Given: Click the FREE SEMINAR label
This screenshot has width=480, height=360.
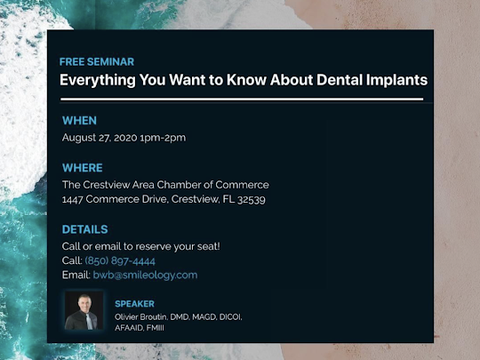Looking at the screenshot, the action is coord(97,62).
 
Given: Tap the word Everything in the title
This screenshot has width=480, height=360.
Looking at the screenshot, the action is coord(98,81).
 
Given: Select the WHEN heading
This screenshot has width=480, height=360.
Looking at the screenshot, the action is coord(80,121).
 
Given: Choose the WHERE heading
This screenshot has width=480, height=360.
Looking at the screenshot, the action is coord(83,168).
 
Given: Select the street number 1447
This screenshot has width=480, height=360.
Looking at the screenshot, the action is coord(73,200).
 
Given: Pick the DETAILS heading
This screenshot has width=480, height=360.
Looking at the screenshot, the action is coord(85,229).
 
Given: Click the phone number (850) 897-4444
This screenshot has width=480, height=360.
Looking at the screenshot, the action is coord(120,260).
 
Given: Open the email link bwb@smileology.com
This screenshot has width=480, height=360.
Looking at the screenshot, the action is coord(145,275).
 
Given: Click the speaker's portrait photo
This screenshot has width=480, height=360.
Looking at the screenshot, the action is coord(84,310).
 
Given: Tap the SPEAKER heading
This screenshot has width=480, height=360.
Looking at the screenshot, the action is coord(135,304).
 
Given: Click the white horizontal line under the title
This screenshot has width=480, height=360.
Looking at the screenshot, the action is coord(242,100).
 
